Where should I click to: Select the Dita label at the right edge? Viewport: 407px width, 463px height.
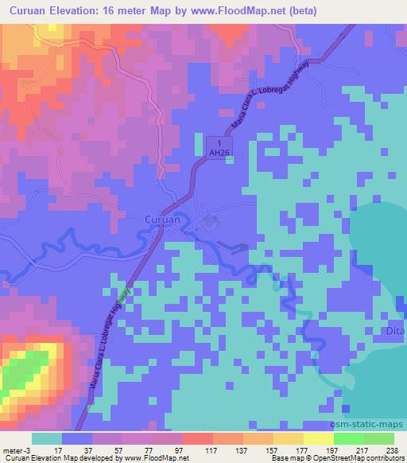click(397, 330)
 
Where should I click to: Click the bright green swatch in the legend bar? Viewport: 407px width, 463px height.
click(348, 438)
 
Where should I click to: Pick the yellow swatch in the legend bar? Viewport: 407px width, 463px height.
click(318, 438)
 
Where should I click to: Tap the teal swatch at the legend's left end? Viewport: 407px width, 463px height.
click(47, 438)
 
